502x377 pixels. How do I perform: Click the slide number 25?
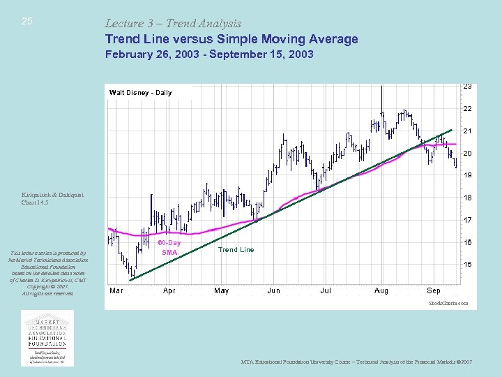coord(27,21)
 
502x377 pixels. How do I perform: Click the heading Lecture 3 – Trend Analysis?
coord(173,23)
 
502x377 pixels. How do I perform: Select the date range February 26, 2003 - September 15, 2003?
coord(209,54)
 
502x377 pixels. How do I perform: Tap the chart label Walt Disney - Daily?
coord(140,92)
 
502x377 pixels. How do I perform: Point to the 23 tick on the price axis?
coord(467,86)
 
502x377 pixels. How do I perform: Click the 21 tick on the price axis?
coord(467,131)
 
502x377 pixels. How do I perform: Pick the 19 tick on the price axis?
coord(467,175)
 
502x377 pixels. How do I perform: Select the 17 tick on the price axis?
coord(467,220)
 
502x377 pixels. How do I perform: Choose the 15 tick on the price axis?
coord(467,265)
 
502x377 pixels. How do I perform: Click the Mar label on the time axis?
coord(116,290)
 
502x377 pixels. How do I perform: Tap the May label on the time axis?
coord(221,290)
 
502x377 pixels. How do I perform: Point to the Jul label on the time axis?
coord(326,290)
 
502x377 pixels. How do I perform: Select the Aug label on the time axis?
coord(381,290)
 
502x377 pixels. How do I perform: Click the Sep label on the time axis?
coord(433,290)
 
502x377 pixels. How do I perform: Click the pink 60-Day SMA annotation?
coord(169,247)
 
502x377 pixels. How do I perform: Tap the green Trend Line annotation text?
coord(236,250)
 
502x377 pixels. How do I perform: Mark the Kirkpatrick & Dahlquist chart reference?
coord(52,199)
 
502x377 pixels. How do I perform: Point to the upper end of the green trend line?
coord(452,130)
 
